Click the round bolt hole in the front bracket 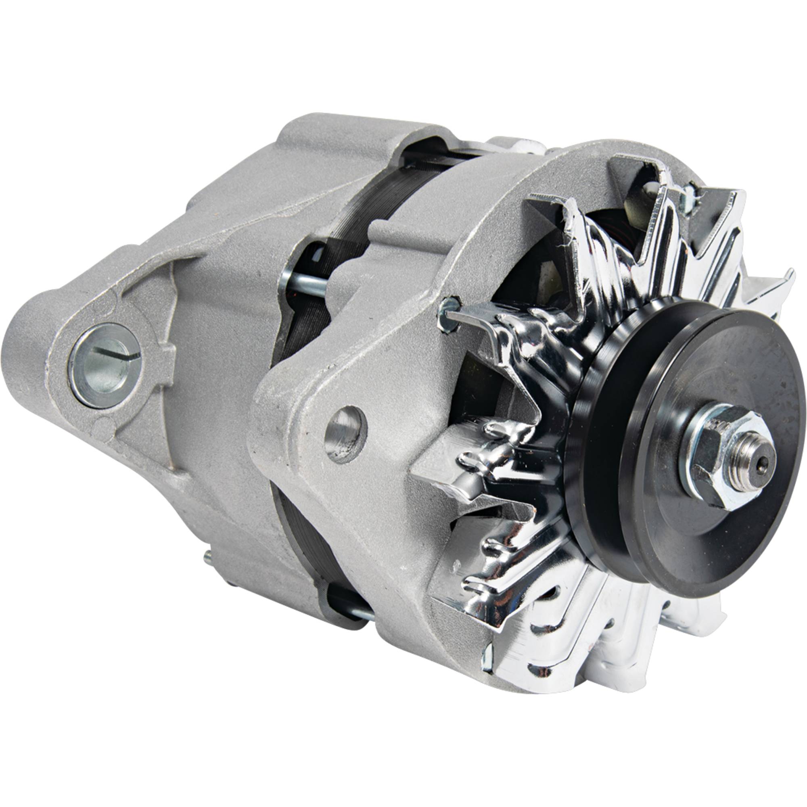pyautogui.click(x=345, y=435)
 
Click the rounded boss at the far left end pyautogui.click(x=25, y=355)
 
